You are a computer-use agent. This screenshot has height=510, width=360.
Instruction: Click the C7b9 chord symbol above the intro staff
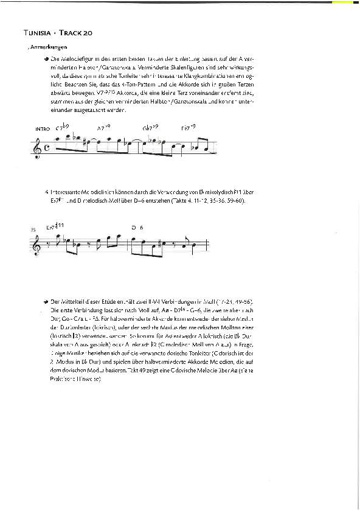tap(63, 128)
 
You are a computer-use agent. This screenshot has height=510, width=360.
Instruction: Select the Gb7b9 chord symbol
tap(150, 128)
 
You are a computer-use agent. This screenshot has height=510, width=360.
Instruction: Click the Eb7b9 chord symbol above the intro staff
tap(188, 128)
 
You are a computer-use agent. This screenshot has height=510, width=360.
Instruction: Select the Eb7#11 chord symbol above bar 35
tap(56, 226)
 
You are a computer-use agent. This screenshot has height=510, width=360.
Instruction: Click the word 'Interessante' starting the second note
tap(66, 191)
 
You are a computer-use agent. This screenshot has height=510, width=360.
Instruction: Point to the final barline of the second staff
tap(210, 242)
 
